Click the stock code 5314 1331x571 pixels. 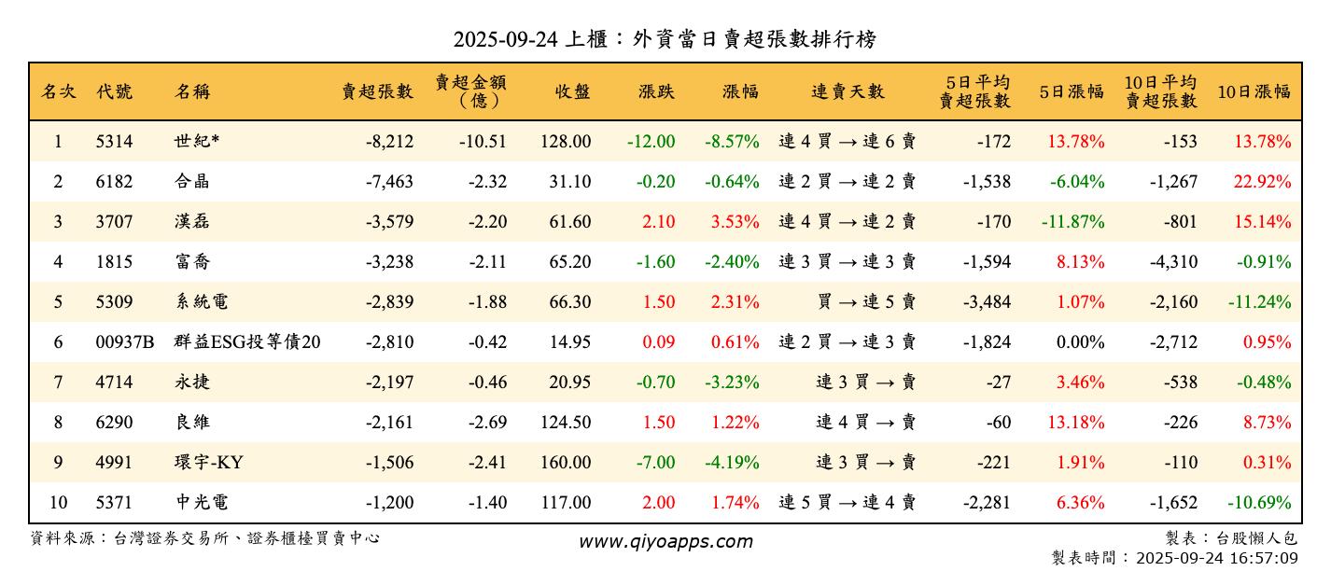pyautogui.click(x=114, y=142)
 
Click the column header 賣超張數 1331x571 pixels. pyautogui.click(x=376, y=91)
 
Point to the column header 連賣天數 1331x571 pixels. pyautogui.click(x=847, y=91)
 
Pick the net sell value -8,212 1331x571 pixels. pyautogui.click(x=389, y=142)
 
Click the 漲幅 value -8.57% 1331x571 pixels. pyautogui.click(x=732, y=142)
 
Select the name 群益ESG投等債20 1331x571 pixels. pyautogui.click(x=247, y=342)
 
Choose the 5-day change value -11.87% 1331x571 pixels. pyautogui.click(x=1072, y=222)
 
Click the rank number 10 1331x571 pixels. pyautogui.click(x=58, y=503)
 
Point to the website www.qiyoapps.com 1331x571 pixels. pyautogui.click(x=665, y=541)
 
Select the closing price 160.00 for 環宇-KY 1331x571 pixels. pyautogui.click(x=566, y=463)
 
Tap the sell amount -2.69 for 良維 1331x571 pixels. pyautogui.click(x=483, y=423)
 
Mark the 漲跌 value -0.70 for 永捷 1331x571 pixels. pyautogui.click(x=655, y=383)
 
